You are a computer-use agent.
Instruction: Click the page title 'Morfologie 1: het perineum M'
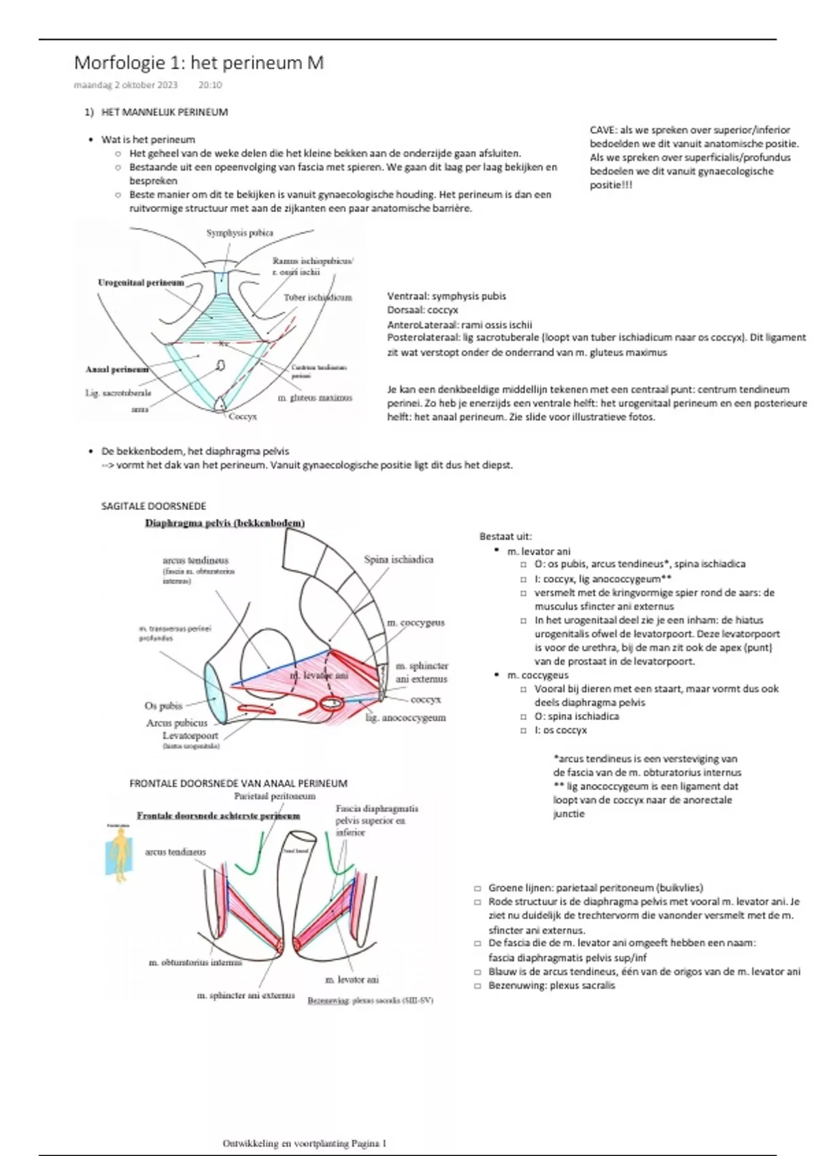pyautogui.click(x=199, y=63)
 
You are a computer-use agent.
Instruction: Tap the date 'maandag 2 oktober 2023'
pyautogui.click(x=126, y=85)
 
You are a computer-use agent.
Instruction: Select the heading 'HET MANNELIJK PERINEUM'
pyautogui.click(x=165, y=112)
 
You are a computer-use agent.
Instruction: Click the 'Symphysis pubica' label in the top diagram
pyautogui.click(x=240, y=233)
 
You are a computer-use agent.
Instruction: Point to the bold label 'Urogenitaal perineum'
pyautogui.click(x=141, y=283)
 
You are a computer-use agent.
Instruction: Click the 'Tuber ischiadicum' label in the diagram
pyautogui.click(x=318, y=297)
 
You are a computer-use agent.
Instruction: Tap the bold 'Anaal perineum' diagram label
pyautogui.click(x=117, y=369)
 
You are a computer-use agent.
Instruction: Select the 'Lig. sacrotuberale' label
pyautogui.click(x=118, y=393)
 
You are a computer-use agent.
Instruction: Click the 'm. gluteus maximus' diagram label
pyautogui.click(x=315, y=398)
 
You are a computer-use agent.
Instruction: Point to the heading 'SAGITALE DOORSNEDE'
pyautogui.click(x=153, y=506)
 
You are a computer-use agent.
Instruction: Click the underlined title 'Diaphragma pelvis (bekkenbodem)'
pyautogui.click(x=224, y=523)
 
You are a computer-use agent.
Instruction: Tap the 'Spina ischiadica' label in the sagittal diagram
pyautogui.click(x=398, y=560)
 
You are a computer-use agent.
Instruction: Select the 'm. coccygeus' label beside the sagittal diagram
pyautogui.click(x=415, y=622)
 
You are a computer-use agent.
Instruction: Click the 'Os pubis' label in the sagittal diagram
pyautogui.click(x=163, y=706)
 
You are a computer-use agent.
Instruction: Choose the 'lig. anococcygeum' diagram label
pyautogui.click(x=405, y=717)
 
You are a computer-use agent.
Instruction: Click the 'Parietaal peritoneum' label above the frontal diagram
pyautogui.click(x=275, y=796)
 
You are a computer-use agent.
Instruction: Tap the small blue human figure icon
pyautogui.click(x=118, y=853)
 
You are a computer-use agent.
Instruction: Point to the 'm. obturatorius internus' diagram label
pyautogui.click(x=195, y=962)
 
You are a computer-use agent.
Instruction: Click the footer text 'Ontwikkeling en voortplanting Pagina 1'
pyautogui.click(x=304, y=1143)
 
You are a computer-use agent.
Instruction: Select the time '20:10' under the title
pyautogui.click(x=210, y=85)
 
